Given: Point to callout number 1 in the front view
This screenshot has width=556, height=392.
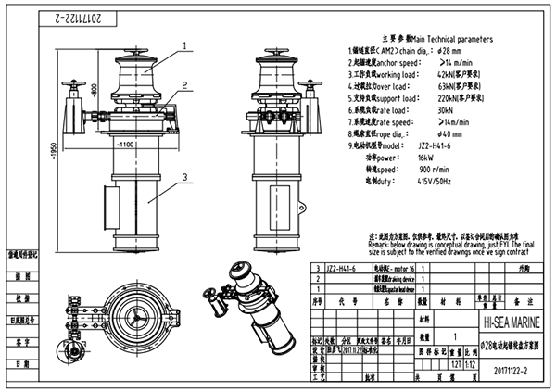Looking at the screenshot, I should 184,44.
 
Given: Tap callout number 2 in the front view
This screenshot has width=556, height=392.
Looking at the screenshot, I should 184,84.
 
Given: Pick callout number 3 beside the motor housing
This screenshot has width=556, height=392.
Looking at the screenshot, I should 184,176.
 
